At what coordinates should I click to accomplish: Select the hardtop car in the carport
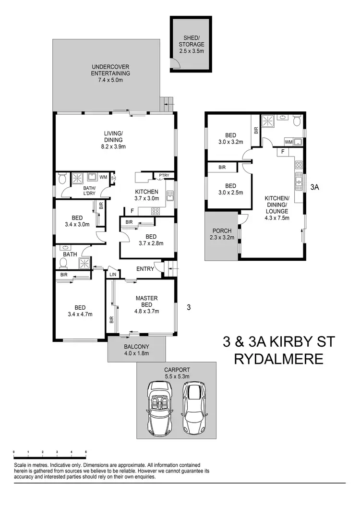[194, 400]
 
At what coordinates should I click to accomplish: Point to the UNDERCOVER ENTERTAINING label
[110, 70]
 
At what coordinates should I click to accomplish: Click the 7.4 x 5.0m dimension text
[110, 80]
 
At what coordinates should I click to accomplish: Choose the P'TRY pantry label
[159, 176]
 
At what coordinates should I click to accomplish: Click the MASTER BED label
[146, 302]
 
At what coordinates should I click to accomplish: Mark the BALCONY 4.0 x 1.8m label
[136, 350]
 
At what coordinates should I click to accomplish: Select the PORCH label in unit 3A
[222, 230]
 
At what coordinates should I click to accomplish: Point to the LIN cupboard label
[113, 274]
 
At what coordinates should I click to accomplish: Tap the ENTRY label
[145, 269]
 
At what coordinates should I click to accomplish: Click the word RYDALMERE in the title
[278, 359]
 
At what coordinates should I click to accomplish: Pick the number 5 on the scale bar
[86, 452]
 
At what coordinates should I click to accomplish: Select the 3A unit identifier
[315, 188]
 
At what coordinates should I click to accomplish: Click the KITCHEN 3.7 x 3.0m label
[146, 195]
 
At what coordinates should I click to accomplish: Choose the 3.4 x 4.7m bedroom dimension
[80, 315]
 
